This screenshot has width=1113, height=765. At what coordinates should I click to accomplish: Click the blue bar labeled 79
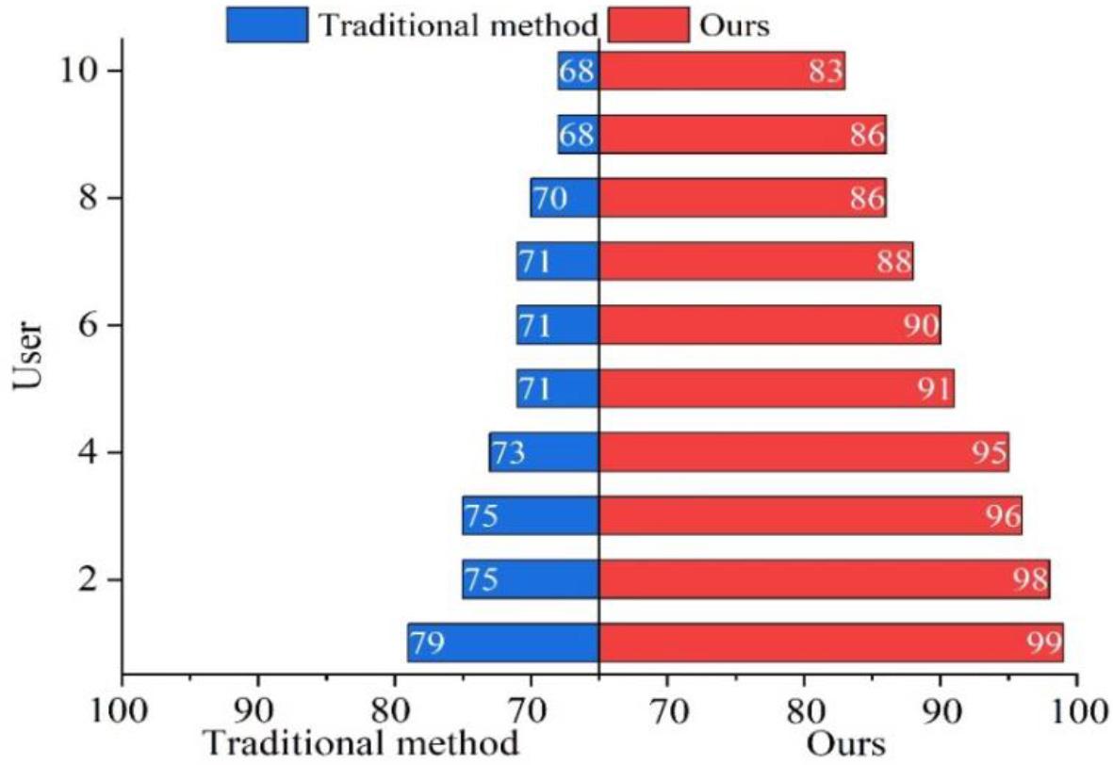point(503,643)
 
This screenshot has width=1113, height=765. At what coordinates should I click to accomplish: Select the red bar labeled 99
point(830,643)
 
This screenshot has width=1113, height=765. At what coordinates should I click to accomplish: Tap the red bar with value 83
point(722,71)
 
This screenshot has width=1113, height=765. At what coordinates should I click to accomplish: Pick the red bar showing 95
point(804,452)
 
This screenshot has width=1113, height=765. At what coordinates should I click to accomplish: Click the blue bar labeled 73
point(544,452)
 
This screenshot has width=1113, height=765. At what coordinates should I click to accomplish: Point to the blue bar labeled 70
point(565,198)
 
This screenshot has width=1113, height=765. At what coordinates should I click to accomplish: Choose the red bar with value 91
point(777,388)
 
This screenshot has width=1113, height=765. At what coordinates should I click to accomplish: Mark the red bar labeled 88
point(756,261)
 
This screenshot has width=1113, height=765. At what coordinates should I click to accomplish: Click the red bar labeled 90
point(770,325)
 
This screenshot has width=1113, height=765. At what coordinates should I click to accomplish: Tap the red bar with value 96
point(810,515)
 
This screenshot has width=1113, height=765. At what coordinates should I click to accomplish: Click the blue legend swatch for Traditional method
point(267,24)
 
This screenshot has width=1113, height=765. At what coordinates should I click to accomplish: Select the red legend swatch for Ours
point(648,24)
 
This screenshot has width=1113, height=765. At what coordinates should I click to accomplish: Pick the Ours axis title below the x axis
point(845,744)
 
